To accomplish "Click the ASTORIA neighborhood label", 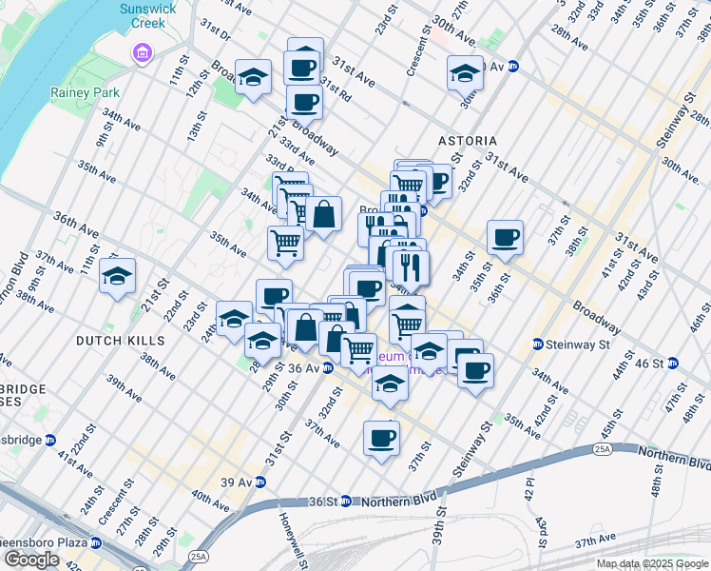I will [468, 141].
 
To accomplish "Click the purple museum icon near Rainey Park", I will [143, 51].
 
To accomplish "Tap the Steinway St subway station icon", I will [538, 344].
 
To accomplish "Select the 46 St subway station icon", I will [673, 363].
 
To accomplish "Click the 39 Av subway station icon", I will [260, 482].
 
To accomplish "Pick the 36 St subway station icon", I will [347, 502].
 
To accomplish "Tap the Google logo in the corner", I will [31, 560].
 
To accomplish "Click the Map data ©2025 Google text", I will [653, 563].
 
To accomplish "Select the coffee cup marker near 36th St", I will [505, 237].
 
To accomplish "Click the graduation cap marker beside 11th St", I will [118, 276].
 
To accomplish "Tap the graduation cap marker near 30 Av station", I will [465, 71].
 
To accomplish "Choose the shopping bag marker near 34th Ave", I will [323, 214].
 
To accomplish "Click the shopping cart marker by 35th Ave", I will [285, 243].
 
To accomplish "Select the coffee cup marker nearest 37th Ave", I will [381, 438].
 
